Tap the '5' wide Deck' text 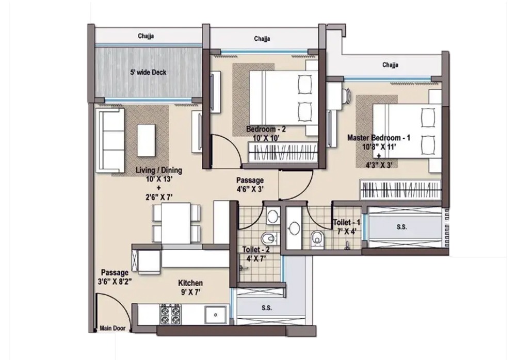pos(148,73)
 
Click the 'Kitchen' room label pos(190,283)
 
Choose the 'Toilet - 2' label pos(256,250)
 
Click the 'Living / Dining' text pos(158,170)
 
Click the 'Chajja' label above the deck pos(147,36)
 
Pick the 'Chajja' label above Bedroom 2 pos(263,39)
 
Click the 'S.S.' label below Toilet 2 pos(266,308)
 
